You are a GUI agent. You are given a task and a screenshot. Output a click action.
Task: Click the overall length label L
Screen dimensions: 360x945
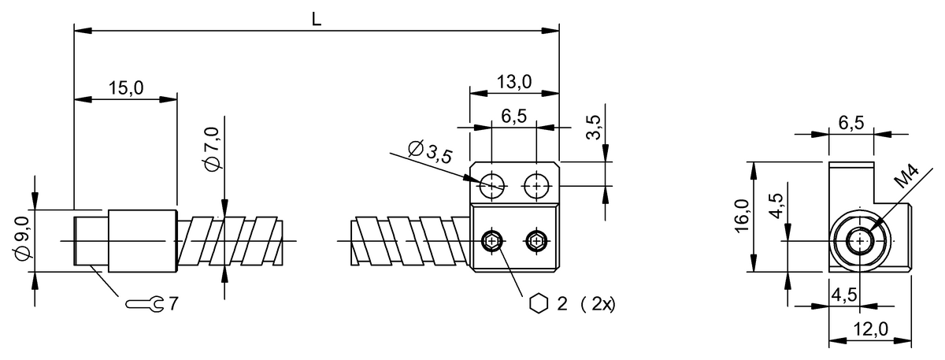(x=316, y=20)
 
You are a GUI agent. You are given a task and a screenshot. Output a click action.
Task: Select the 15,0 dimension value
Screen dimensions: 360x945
(x=125, y=88)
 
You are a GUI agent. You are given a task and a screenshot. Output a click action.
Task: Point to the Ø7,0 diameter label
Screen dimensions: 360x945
(x=210, y=155)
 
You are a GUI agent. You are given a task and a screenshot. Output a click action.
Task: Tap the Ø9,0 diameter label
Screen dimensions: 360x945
(x=21, y=239)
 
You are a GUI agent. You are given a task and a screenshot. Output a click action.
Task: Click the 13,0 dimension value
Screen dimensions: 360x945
(x=514, y=81)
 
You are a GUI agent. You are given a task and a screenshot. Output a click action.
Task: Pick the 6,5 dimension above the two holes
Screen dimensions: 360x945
(x=513, y=116)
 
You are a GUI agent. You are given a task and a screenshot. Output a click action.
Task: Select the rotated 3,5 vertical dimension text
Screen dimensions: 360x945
(x=594, y=127)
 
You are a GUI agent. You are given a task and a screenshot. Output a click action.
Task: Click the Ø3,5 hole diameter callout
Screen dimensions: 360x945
(x=430, y=151)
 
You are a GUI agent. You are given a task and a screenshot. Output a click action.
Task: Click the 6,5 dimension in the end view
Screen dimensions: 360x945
(x=850, y=123)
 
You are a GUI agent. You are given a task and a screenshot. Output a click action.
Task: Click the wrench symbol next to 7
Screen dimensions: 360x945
(x=145, y=303)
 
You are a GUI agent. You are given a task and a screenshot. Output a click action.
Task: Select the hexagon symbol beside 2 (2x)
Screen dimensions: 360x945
(x=539, y=304)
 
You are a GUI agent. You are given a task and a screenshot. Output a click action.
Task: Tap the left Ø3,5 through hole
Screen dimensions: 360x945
(x=492, y=186)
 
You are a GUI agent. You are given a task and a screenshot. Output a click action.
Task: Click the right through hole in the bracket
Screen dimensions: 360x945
(x=536, y=186)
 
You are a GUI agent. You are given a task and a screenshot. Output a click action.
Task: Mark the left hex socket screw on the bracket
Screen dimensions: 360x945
(x=492, y=240)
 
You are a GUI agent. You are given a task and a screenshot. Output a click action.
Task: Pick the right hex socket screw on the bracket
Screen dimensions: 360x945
(x=536, y=240)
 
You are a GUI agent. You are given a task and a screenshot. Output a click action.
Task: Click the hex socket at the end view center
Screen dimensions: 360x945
(x=860, y=240)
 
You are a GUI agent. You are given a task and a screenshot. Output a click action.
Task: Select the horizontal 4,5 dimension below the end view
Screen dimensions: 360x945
(x=844, y=295)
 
